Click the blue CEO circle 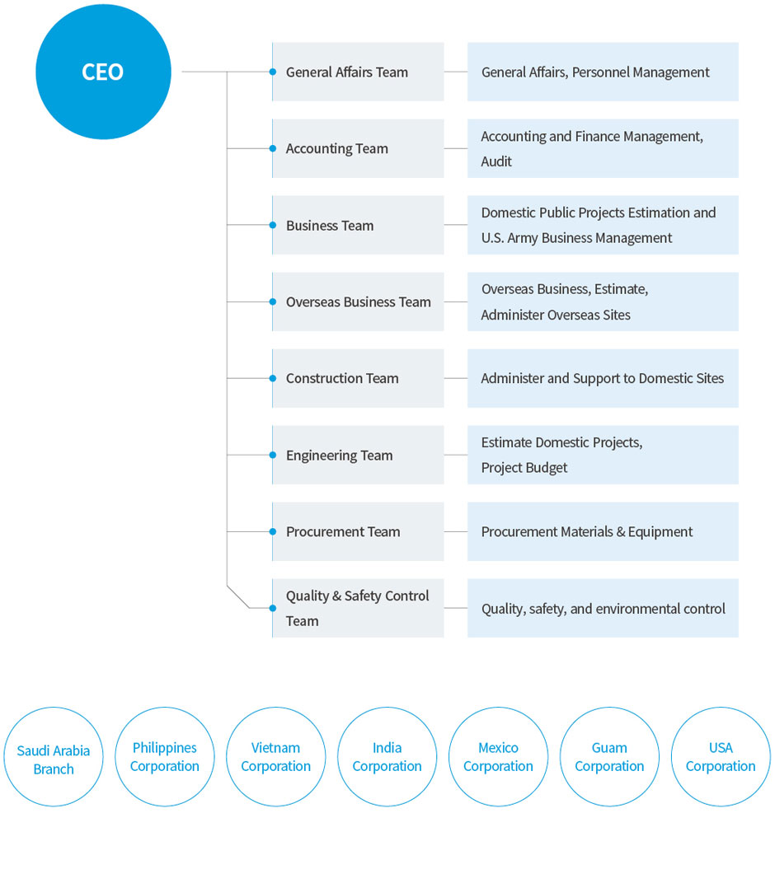(x=103, y=72)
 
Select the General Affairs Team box (x=358, y=72)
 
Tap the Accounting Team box (x=358, y=148)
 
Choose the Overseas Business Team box (x=358, y=301)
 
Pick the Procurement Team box (x=358, y=532)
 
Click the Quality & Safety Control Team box (x=358, y=608)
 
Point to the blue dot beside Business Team (x=273, y=225)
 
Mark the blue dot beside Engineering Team (x=273, y=455)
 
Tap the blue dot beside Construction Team (x=273, y=378)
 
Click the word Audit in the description (x=496, y=161)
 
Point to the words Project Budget (x=524, y=468)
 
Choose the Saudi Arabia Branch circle (x=54, y=756)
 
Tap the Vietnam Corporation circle (x=275, y=756)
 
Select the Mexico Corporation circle (x=498, y=756)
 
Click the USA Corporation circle (x=721, y=756)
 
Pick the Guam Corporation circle (x=609, y=756)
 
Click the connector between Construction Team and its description (x=456, y=378)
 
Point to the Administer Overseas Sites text (x=556, y=315)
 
